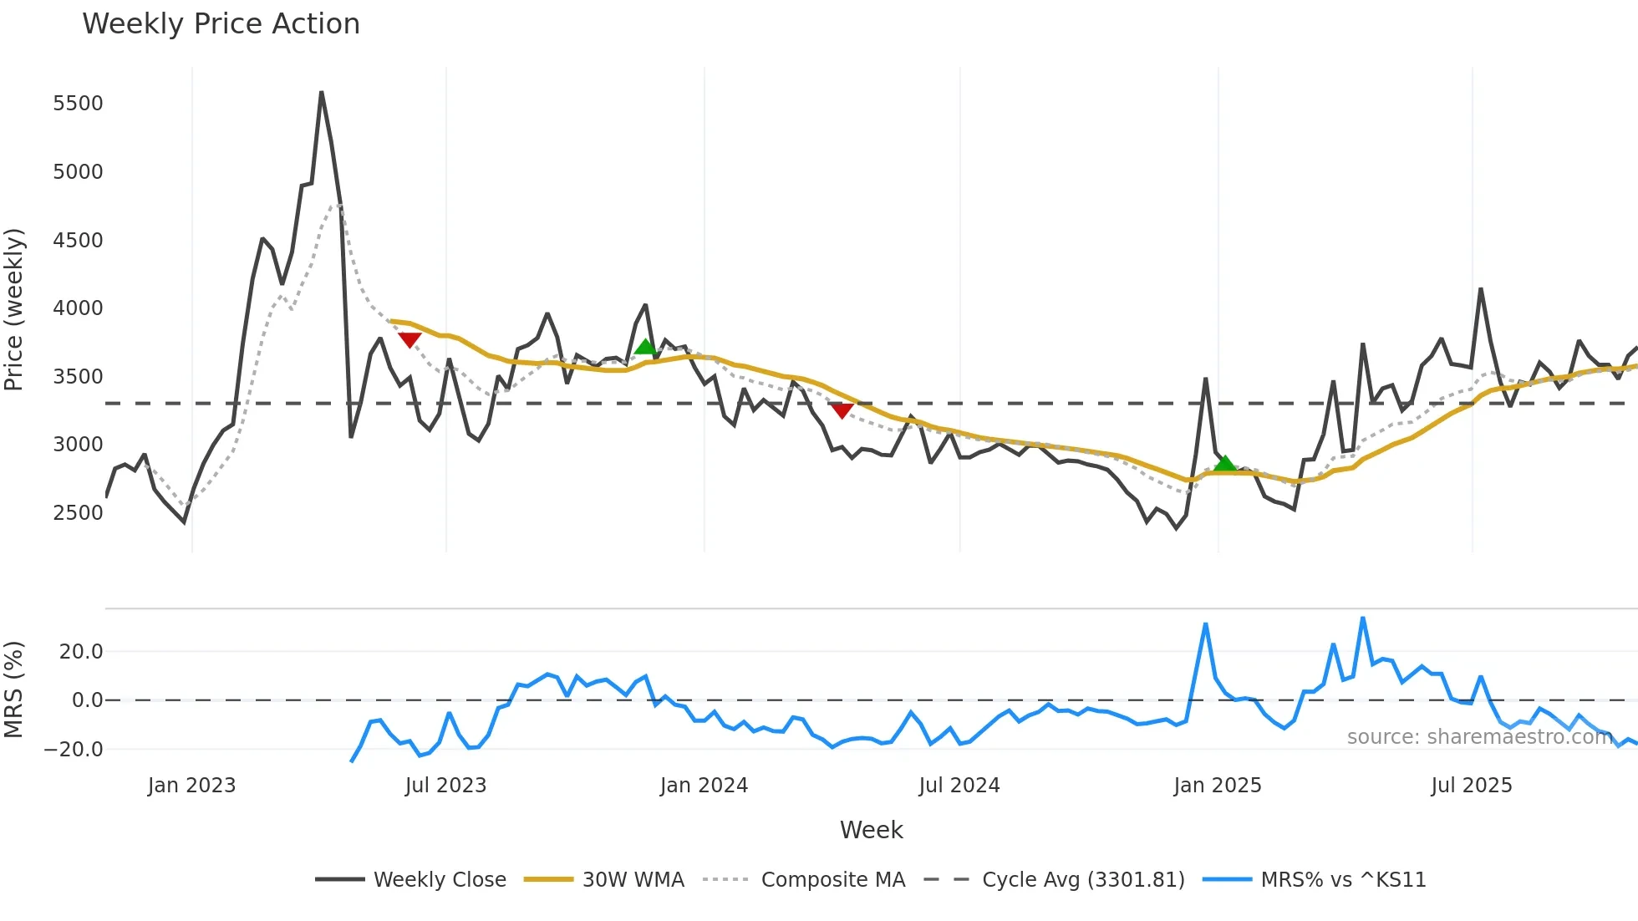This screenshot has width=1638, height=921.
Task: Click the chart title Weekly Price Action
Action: [x=221, y=24]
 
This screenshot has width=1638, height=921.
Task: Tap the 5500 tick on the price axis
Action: [x=78, y=104]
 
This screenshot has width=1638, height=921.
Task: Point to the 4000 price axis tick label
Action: [x=78, y=308]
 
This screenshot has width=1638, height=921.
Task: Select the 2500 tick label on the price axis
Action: [x=78, y=513]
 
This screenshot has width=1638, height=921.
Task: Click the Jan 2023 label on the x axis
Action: [x=191, y=786]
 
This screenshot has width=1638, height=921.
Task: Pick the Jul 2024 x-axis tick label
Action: [x=959, y=786]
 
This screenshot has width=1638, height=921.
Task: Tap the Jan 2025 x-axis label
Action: [x=1217, y=786]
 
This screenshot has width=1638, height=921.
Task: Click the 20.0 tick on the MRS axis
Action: [x=81, y=652]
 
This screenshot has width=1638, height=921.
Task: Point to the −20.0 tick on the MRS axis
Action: [x=74, y=750]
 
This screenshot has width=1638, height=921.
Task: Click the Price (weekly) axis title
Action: [x=14, y=309]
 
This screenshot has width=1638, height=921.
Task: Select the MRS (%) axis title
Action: [x=14, y=689]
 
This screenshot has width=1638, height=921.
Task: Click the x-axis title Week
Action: [x=871, y=830]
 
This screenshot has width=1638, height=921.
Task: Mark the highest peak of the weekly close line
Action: [x=322, y=93]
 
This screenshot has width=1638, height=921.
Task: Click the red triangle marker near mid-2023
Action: [x=409, y=339]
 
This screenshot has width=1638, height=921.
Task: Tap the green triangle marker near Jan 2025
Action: [x=1225, y=464]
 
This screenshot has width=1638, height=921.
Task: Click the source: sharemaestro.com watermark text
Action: [x=1479, y=737]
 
